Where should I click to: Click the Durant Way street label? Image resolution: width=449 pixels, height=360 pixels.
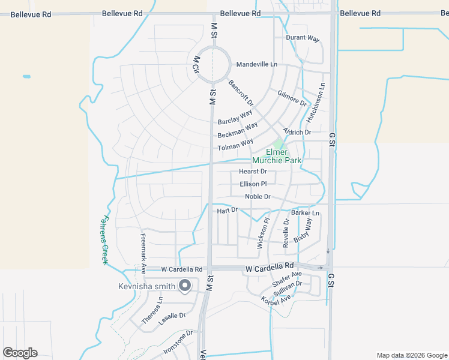click(303, 38)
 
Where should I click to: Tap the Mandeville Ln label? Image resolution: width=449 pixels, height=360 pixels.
click(257, 64)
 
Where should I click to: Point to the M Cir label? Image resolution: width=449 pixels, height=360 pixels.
click(196, 64)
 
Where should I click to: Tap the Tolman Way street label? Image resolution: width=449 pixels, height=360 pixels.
click(235, 146)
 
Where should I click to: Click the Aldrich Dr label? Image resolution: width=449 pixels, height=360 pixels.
click(297, 132)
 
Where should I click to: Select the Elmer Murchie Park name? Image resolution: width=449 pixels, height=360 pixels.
click(277, 157)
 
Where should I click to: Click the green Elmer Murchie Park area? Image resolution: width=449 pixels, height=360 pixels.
click(278, 144)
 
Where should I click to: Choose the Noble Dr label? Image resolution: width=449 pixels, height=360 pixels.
click(258, 197)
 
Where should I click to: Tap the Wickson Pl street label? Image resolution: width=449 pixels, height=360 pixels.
click(263, 233)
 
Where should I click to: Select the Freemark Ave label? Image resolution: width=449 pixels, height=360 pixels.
click(143, 253)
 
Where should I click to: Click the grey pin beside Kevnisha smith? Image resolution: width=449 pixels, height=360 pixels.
click(185, 286)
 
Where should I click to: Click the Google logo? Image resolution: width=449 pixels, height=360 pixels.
click(20, 353)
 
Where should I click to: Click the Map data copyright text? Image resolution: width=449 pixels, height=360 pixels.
click(411, 355)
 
